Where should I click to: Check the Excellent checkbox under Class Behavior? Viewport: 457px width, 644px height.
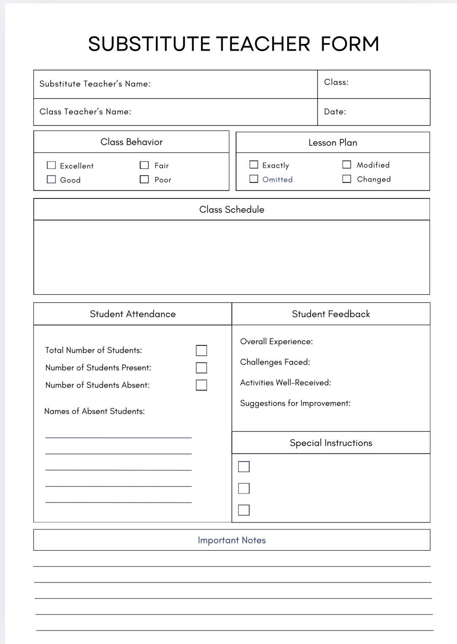coord(51,165)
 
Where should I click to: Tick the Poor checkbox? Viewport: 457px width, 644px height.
coord(144,179)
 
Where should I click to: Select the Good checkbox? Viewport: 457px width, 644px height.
coord(51,179)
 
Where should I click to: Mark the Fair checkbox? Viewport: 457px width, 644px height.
coord(144,165)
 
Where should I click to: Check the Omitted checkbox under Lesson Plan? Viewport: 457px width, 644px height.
coord(254,179)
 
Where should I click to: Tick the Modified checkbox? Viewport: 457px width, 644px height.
coord(346,164)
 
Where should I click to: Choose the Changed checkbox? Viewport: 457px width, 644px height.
coord(346,179)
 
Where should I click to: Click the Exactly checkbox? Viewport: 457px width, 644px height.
coord(254,164)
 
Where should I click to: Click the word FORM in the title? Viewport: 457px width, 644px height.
coord(350,44)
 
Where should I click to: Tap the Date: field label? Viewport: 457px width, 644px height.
coord(335,112)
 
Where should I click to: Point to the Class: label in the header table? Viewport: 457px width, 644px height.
coord(336,82)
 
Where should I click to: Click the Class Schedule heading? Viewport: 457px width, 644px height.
coord(232,209)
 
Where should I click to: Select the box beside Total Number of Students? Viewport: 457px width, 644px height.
coord(201,350)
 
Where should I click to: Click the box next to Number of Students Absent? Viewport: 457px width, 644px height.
coord(201,385)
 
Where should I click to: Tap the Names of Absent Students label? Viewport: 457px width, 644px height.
coord(94,411)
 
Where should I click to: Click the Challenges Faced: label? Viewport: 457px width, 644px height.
coord(275,362)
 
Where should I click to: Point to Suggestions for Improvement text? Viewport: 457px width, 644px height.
coord(295,403)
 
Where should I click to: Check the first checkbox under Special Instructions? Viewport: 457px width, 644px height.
coord(244,467)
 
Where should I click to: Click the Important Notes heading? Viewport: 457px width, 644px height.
coord(232,540)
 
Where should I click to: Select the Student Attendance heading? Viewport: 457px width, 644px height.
coord(133,314)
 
